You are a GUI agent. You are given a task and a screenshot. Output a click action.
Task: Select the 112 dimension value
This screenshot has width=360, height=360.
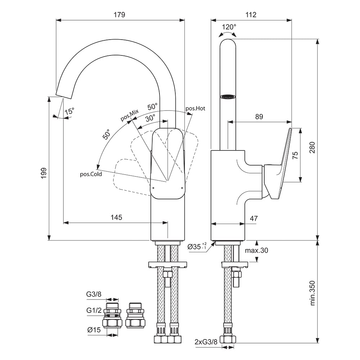point(251,15)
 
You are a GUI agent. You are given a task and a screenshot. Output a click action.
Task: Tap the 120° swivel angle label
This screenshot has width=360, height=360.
point(229,27)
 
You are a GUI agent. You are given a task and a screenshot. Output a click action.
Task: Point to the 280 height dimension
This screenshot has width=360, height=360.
point(312,148)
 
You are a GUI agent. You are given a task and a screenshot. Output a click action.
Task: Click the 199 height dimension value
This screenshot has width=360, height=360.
point(44,173)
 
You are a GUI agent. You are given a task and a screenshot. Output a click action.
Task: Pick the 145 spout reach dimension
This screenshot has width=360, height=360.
point(116,217)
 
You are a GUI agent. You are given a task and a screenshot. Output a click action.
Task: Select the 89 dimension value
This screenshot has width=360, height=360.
point(259,117)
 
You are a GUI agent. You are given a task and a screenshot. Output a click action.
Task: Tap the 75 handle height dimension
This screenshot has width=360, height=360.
point(295,156)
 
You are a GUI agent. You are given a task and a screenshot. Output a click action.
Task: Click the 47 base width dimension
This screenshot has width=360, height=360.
point(253,218)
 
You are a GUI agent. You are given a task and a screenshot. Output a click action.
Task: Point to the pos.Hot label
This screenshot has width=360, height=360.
point(195,108)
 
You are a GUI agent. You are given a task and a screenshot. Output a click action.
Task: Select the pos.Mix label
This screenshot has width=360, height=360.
point(130,116)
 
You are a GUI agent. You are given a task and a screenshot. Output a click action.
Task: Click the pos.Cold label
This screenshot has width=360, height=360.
point(91,174)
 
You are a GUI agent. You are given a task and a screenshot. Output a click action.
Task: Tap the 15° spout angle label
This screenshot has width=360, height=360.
point(69,111)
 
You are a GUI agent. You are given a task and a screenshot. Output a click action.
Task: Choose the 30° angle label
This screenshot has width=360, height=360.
point(150,118)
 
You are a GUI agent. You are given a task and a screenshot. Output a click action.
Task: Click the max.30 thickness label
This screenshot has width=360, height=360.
point(257,251)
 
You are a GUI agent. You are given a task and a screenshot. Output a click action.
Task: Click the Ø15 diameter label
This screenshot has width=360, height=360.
point(94,330)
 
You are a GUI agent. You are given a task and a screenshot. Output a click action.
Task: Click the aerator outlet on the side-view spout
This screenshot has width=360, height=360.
point(228,96)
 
